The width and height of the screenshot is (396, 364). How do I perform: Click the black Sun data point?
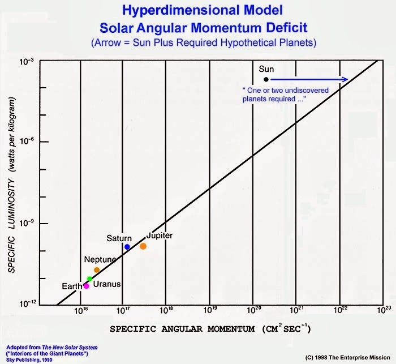(x=266, y=79)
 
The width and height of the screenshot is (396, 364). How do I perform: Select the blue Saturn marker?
(x=127, y=247)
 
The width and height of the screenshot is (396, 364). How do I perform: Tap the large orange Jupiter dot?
(x=143, y=246)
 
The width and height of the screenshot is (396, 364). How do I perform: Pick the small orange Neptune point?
(x=97, y=270)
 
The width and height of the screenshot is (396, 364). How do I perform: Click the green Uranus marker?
(x=89, y=279)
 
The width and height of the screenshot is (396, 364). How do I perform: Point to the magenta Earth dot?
(x=86, y=286)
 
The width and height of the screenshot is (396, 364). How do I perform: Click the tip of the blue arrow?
(x=347, y=79)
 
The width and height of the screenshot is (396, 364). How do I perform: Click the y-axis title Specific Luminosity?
(x=11, y=187)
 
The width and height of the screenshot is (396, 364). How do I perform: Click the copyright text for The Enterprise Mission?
(x=347, y=358)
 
